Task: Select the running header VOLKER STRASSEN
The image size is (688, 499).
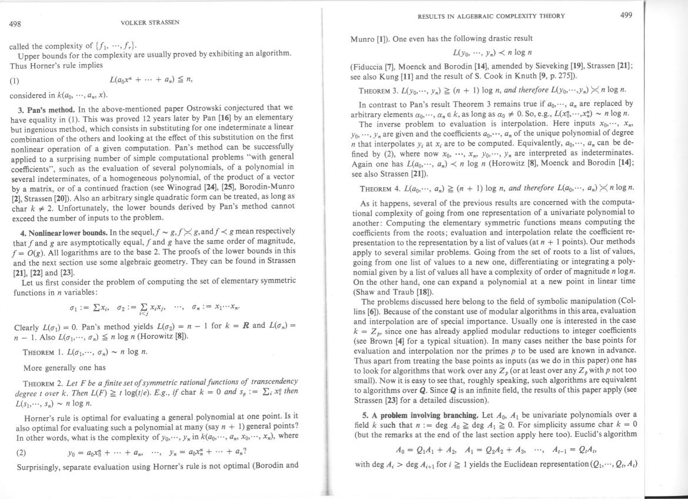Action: pos(150,22)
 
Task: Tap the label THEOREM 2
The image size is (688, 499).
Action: pos(44,381)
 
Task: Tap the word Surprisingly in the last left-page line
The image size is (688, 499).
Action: pos(33,465)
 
